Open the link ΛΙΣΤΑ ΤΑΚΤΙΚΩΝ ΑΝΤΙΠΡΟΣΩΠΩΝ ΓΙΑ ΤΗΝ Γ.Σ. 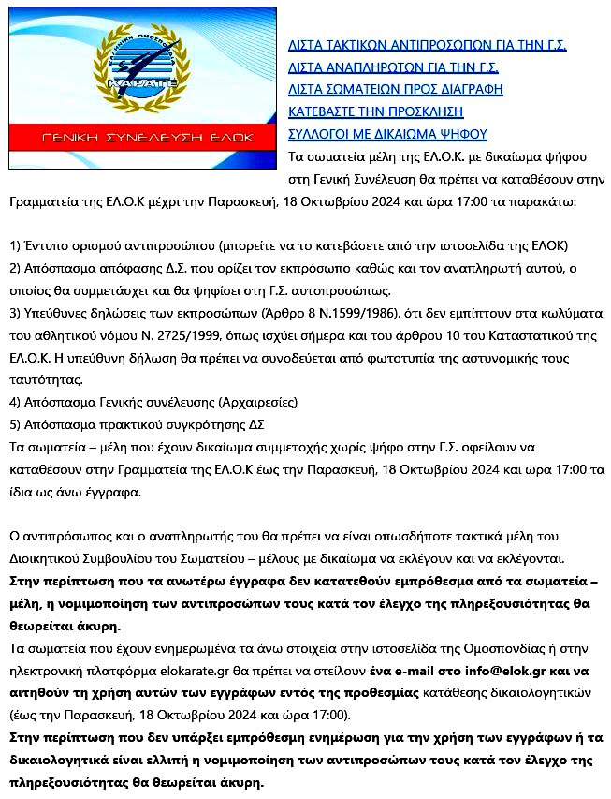pos(427,44)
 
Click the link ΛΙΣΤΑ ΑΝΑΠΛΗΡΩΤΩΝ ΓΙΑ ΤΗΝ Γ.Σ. pos(393,67)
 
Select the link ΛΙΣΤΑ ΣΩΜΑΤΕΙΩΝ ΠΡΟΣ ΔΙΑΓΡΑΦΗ pos(395,89)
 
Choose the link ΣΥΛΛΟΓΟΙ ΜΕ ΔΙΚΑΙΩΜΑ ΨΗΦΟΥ pos(386,134)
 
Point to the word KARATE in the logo pos(136,83)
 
